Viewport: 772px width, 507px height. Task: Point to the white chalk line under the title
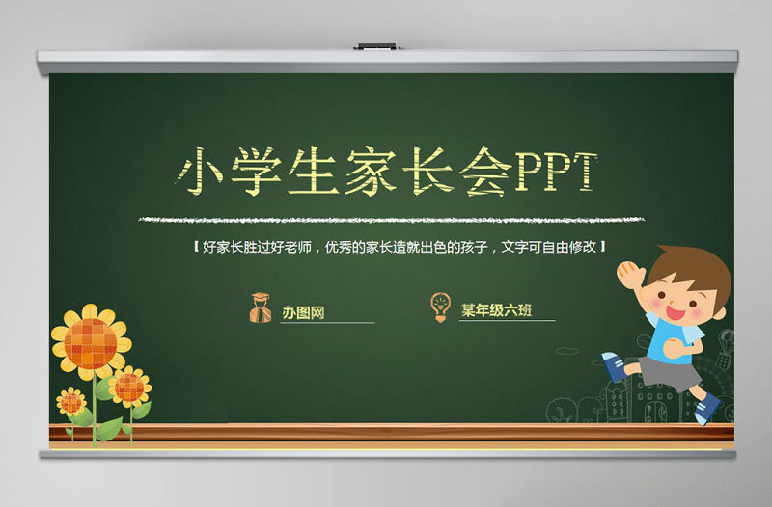(x=386, y=220)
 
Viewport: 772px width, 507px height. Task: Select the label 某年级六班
(x=494, y=309)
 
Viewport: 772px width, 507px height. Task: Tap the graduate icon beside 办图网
(x=261, y=307)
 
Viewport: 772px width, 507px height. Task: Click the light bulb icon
(x=440, y=306)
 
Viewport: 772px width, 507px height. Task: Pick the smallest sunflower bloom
(x=70, y=400)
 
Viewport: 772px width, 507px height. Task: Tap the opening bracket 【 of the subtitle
(x=196, y=247)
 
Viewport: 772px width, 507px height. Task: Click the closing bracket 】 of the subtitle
(x=603, y=247)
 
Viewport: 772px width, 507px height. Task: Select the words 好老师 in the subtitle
(x=293, y=247)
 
